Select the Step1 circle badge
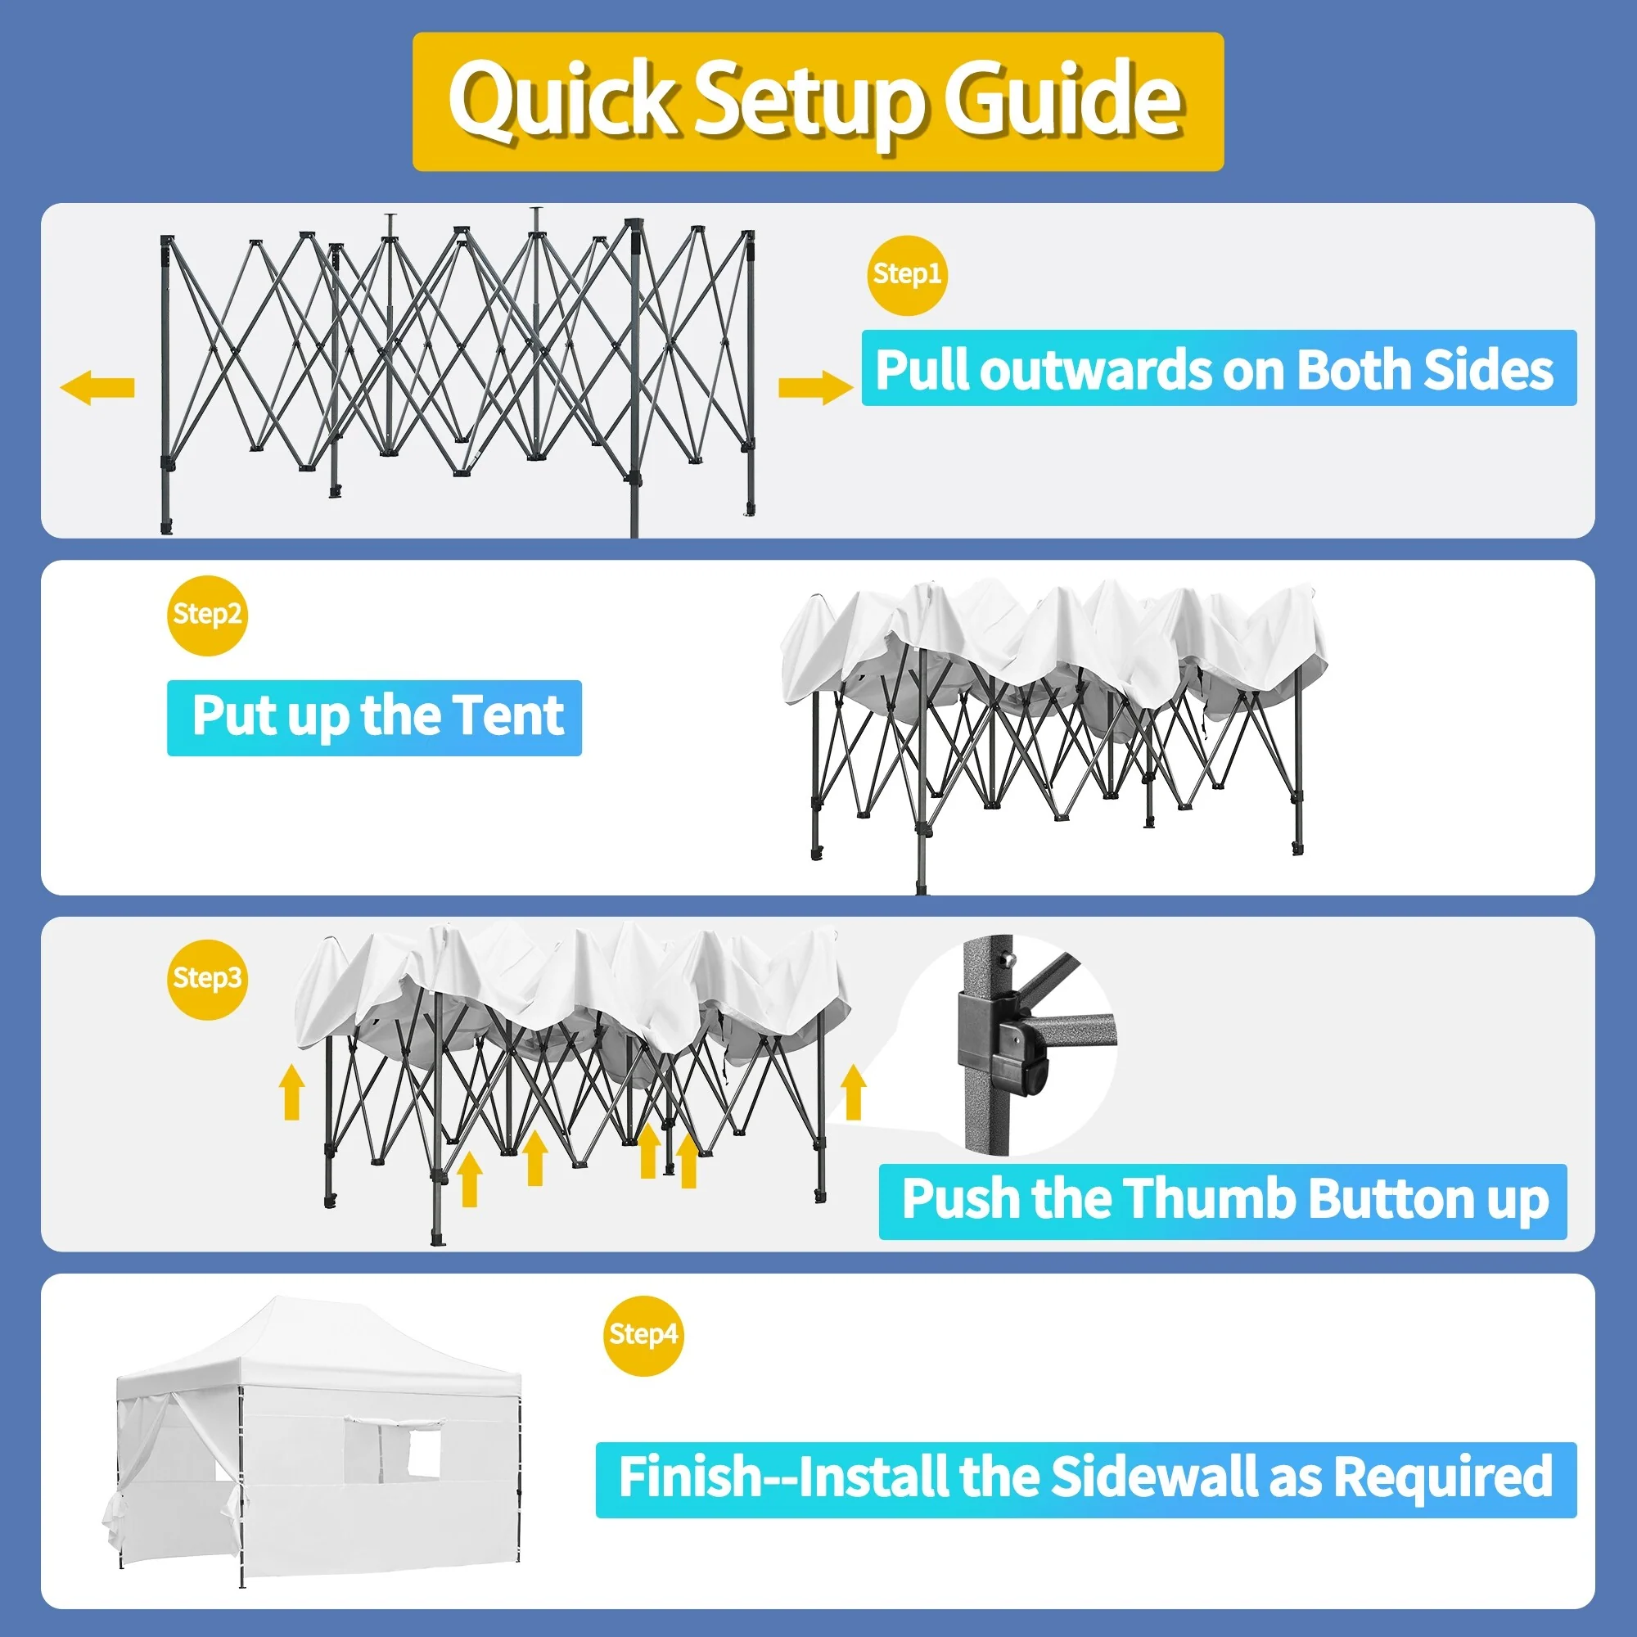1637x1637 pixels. tap(907, 274)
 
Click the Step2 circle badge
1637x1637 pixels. tap(207, 615)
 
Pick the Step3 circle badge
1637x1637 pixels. tap(207, 979)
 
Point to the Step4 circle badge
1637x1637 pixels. tap(643, 1335)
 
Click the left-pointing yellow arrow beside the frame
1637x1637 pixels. tap(97, 387)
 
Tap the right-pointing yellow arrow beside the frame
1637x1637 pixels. tap(815, 387)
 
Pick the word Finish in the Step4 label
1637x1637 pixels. tap(692, 1477)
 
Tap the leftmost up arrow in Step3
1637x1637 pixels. tap(292, 1092)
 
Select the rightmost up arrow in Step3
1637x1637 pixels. tap(853, 1092)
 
